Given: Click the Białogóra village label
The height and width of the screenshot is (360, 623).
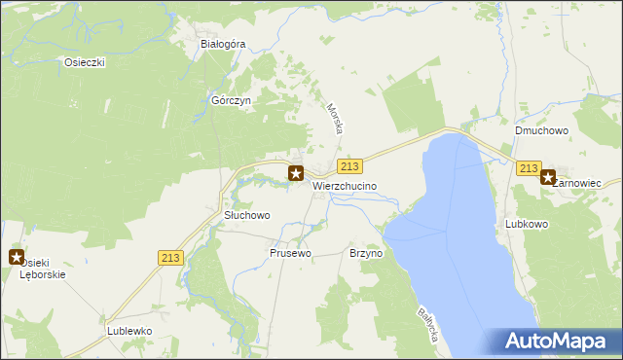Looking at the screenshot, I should tap(223, 44).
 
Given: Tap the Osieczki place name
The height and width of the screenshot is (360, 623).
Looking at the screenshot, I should tap(85, 61).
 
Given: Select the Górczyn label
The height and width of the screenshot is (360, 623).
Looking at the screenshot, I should tap(232, 100).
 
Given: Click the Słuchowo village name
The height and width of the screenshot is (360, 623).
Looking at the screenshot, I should tap(246, 215).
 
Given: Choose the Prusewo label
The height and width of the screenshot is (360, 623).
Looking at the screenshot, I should tap(290, 253).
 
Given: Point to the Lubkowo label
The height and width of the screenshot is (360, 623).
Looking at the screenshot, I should tap(528, 224).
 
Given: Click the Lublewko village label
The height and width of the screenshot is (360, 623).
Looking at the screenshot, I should tap(129, 331).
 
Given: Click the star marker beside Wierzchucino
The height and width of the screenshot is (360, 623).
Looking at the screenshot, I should tap(296, 174).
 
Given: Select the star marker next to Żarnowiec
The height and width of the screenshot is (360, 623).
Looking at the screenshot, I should tap(548, 177).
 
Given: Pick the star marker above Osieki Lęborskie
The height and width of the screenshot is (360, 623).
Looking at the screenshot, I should tap(17, 257).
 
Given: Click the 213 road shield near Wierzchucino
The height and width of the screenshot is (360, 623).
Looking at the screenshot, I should tap(351, 167).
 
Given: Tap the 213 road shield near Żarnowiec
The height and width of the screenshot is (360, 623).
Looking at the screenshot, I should tap(529, 168).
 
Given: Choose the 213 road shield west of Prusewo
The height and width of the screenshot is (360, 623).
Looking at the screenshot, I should tap(170, 257).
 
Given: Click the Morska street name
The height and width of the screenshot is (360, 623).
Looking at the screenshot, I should tap(335, 119).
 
